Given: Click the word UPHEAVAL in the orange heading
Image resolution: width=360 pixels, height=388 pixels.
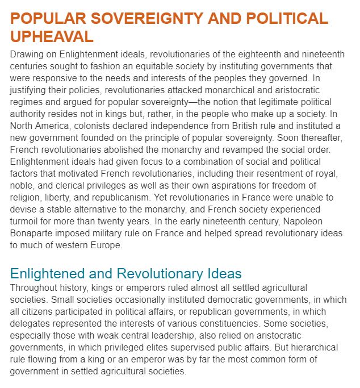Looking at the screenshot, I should [52, 37].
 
